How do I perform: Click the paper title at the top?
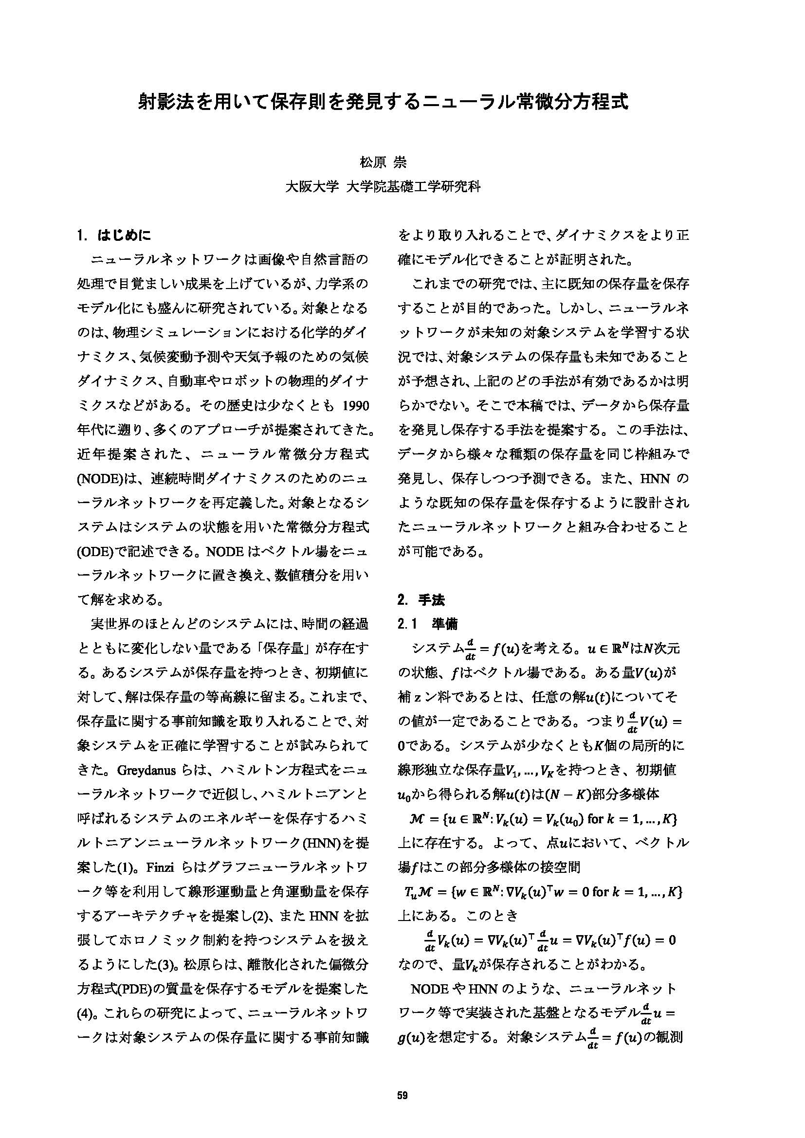[383, 102]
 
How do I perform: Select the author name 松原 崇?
[382, 163]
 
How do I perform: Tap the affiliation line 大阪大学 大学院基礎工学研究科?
[383, 187]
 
